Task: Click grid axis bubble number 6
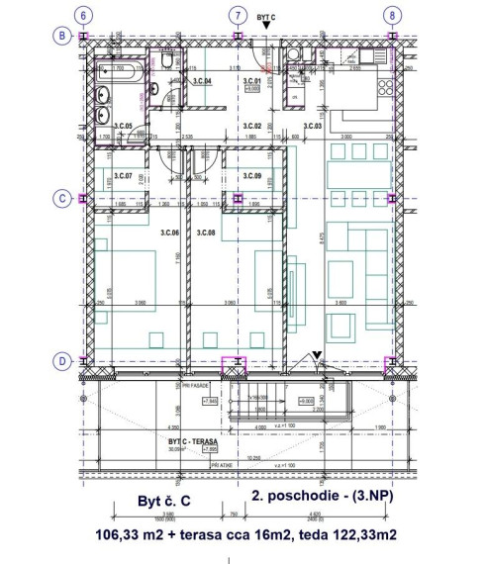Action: coord(85,16)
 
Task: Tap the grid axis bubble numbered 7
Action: coord(237,16)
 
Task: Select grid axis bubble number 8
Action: coord(393,16)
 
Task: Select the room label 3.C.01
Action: coord(251,81)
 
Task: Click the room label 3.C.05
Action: coord(124,126)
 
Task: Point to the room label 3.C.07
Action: coord(123,176)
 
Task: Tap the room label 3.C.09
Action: coord(251,176)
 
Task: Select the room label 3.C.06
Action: coord(167,233)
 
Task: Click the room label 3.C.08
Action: coord(206,233)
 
